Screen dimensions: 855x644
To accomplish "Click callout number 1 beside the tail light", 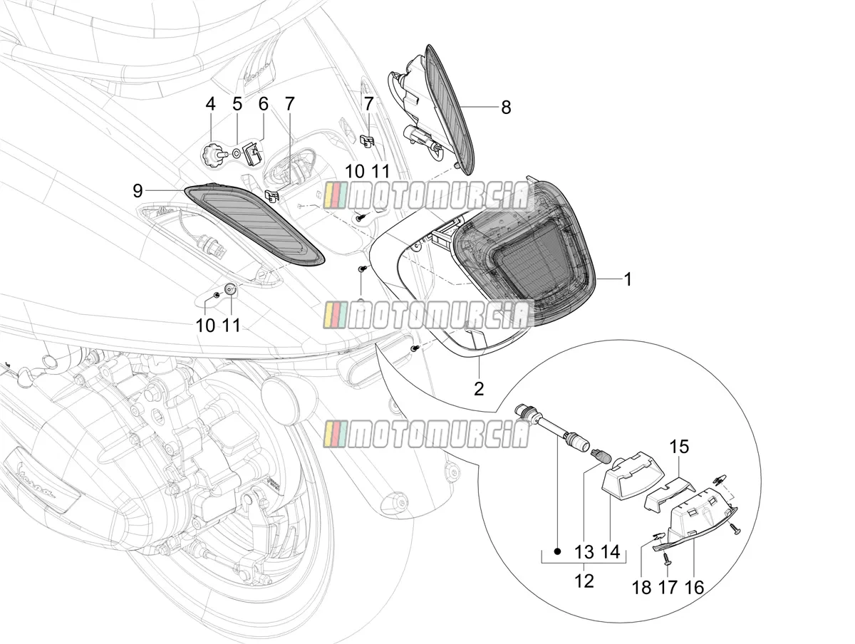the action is (x=628, y=279).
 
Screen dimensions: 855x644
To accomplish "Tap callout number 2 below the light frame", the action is (x=479, y=388).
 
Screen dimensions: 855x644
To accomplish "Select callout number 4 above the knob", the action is (x=210, y=104).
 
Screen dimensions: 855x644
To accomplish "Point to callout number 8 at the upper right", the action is (x=506, y=107).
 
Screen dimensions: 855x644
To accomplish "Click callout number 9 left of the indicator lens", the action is (x=138, y=191).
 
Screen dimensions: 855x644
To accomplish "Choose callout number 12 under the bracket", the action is (x=584, y=581).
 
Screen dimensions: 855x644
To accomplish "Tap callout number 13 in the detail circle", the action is (x=584, y=551).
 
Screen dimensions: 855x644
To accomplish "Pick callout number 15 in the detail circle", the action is (x=679, y=447).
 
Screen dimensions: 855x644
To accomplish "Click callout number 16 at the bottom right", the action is (x=695, y=588).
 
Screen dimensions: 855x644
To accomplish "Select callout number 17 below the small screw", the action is (x=668, y=588).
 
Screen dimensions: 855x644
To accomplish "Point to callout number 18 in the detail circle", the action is (x=641, y=588).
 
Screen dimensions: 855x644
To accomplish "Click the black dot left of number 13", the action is (x=558, y=551).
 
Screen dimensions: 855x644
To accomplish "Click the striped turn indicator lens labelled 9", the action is (x=254, y=226).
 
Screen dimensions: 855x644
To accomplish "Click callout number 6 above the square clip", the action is (x=264, y=104).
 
